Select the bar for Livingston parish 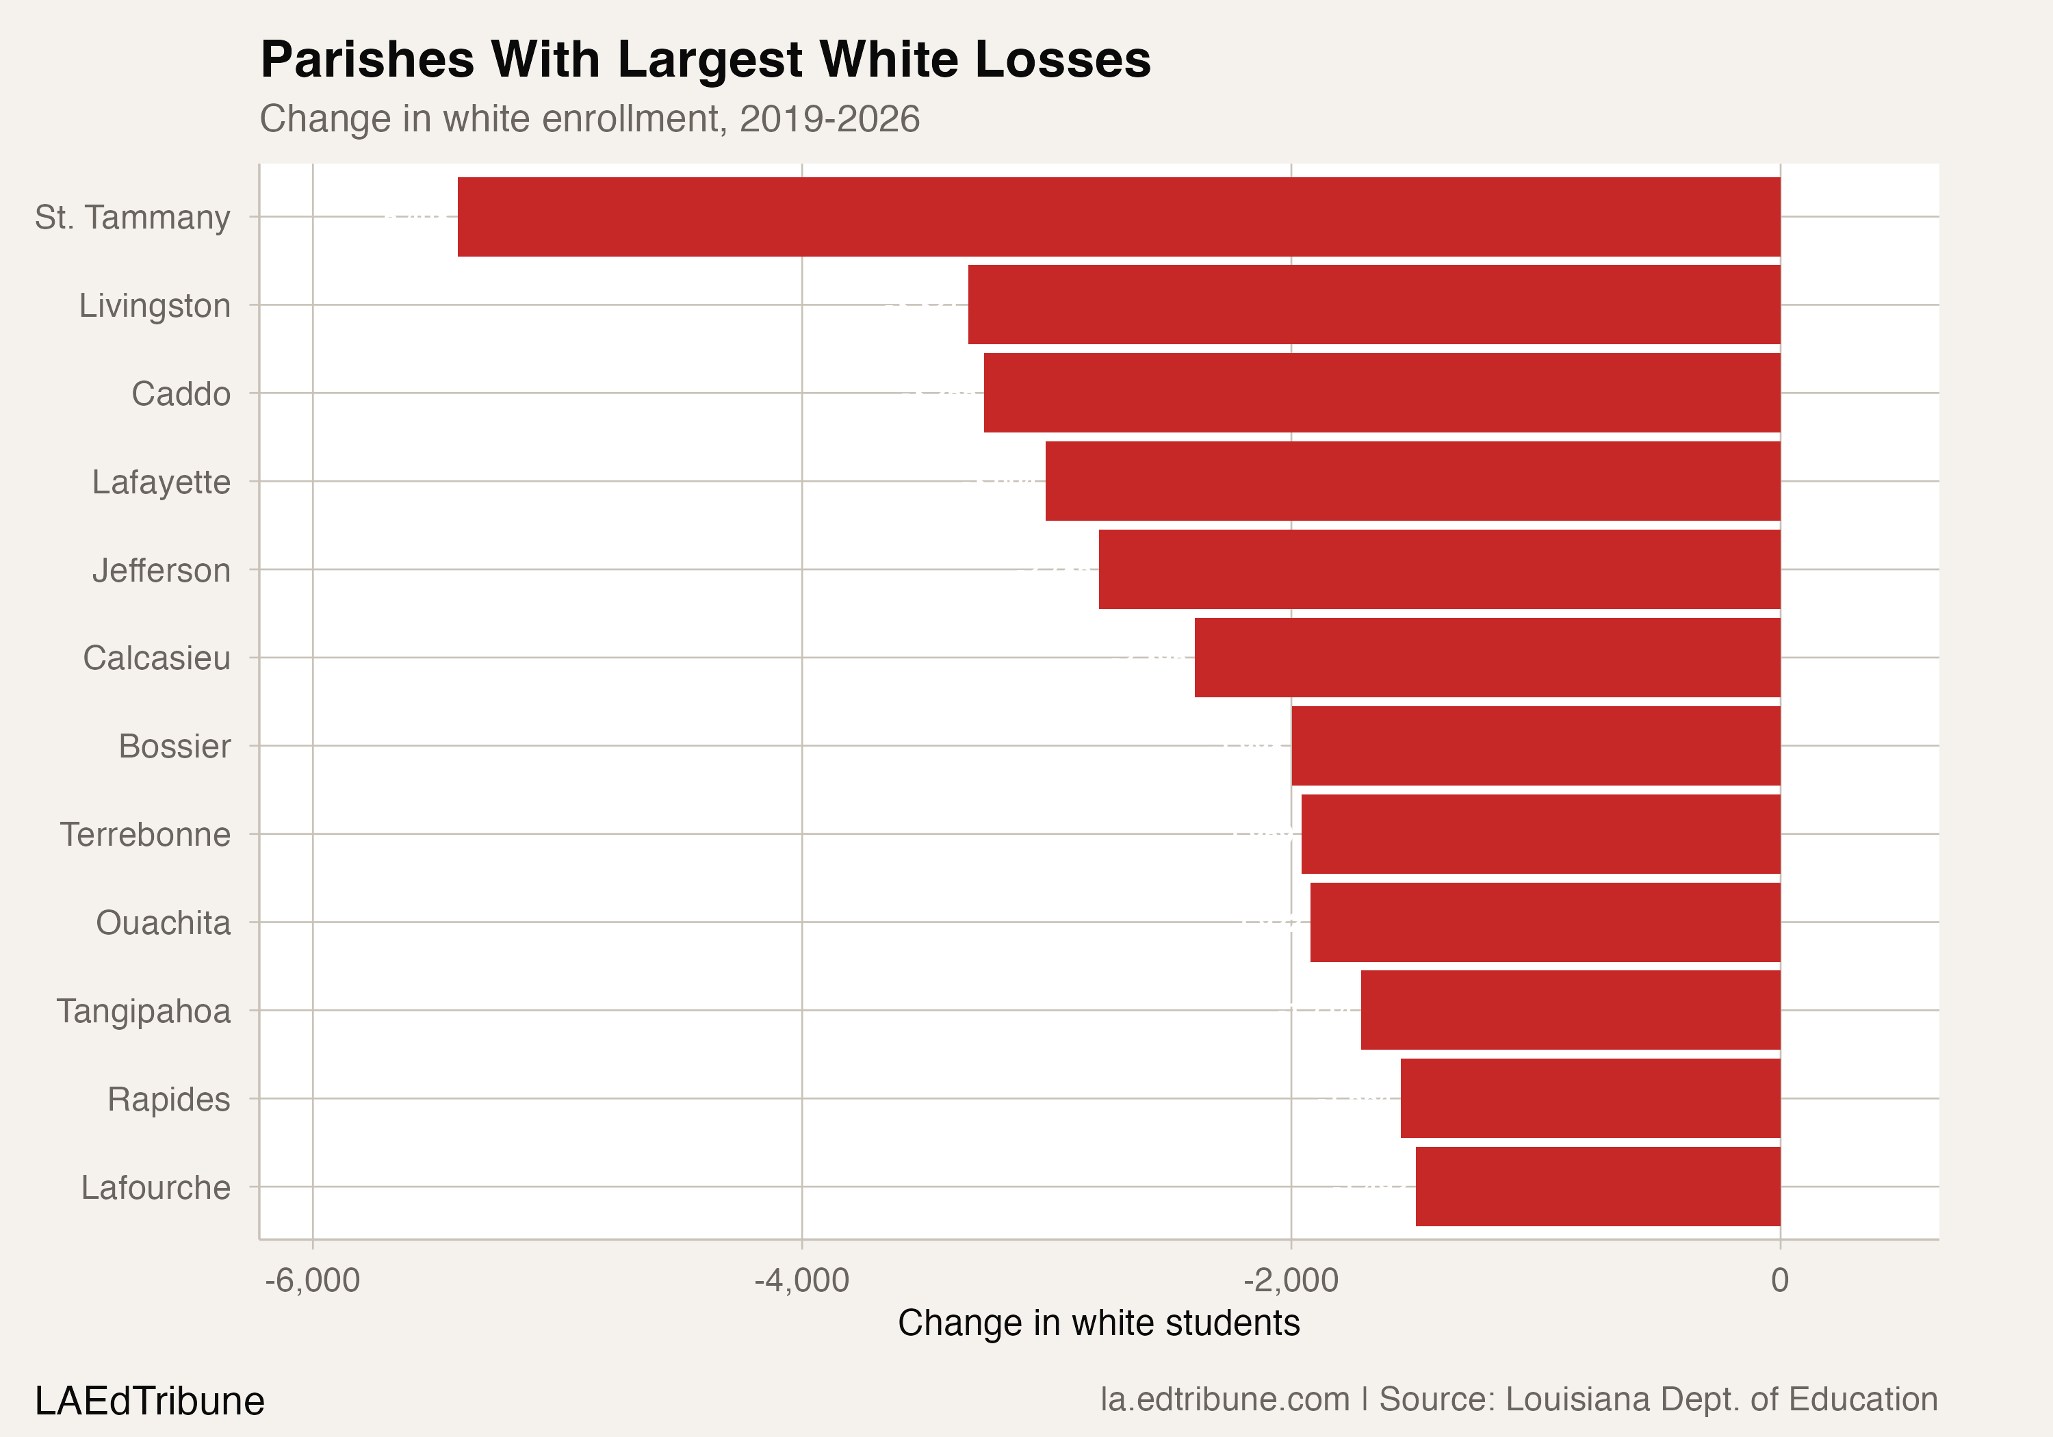[1373, 305]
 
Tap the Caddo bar [1382, 393]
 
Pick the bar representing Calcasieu [1487, 657]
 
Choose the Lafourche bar [1597, 1187]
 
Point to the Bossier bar [1535, 746]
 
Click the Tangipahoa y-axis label [144, 1011]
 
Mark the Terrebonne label [146, 834]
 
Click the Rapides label [168, 1099]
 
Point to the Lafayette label [161, 482]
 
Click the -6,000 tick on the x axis [312, 1280]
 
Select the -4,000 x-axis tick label [801, 1280]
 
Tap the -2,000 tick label [1290, 1280]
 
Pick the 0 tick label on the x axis [1779, 1280]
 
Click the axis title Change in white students [1098, 1323]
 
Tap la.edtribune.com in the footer [1224, 1399]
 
